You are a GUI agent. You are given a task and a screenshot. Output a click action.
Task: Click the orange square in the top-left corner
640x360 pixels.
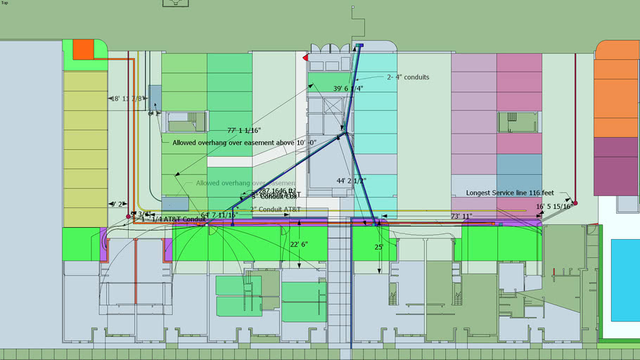83,49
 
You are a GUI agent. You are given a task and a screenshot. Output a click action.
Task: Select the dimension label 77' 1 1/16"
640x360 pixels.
244,130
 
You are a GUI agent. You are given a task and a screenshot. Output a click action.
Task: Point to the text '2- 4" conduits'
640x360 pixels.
408,77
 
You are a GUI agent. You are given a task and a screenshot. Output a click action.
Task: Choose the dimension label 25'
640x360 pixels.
378,247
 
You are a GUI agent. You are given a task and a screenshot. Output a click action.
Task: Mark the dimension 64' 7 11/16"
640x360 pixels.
219,214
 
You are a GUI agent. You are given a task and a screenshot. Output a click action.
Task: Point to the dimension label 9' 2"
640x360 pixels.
117,204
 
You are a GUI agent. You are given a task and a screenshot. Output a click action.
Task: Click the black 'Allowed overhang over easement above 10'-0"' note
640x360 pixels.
244,142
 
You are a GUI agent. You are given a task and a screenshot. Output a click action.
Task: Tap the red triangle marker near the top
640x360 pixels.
305,57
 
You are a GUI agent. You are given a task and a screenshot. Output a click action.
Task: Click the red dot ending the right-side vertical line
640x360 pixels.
575,203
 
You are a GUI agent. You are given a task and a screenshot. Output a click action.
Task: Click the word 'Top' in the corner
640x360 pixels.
5,3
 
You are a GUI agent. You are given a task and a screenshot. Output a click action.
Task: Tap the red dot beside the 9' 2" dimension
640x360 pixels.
127,217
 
